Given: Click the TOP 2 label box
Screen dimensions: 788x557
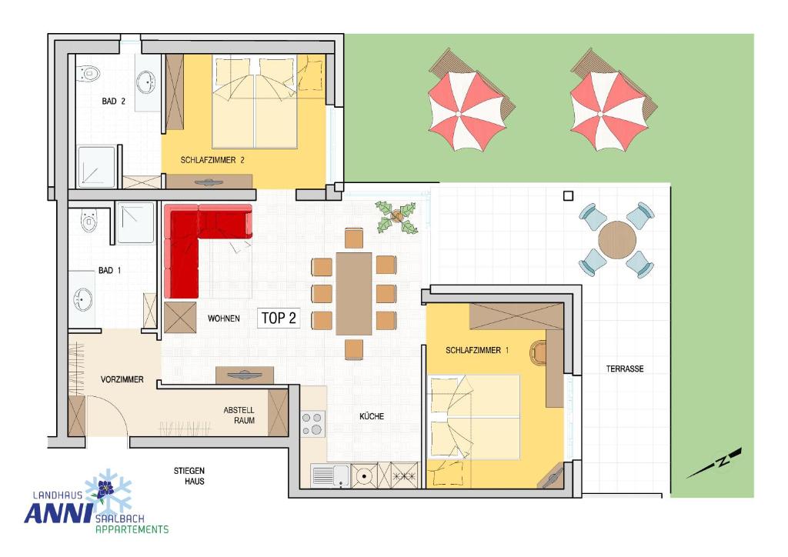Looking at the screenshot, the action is click(279, 318).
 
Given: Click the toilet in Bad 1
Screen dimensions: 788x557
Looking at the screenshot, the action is click(89, 221).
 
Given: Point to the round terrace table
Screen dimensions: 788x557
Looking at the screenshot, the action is click(616, 240).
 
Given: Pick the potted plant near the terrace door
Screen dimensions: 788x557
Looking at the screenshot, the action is click(397, 218).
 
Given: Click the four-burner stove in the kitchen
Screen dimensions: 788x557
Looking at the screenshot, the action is click(313, 423).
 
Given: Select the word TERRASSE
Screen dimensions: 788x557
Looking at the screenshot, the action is click(625, 369).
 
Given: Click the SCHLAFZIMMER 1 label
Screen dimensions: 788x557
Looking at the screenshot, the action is click(477, 350).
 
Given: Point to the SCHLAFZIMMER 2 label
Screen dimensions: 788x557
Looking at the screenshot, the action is click(212, 160).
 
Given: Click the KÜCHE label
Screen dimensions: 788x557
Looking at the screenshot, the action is click(372, 416).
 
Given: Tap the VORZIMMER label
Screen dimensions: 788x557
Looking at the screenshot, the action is click(122, 380).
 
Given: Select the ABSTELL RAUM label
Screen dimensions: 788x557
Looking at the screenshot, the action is click(239, 415).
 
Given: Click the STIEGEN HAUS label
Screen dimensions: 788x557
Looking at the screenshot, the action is click(189, 476).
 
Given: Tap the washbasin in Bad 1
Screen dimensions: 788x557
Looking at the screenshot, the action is click(82, 300).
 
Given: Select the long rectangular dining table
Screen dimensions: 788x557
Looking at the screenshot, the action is click(354, 294).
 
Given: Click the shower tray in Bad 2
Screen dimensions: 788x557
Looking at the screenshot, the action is click(96, 167).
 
